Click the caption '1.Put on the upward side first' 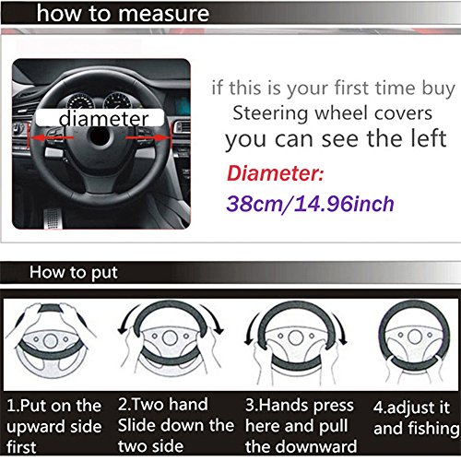click(55, 425)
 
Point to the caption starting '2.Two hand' click(175, 425)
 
